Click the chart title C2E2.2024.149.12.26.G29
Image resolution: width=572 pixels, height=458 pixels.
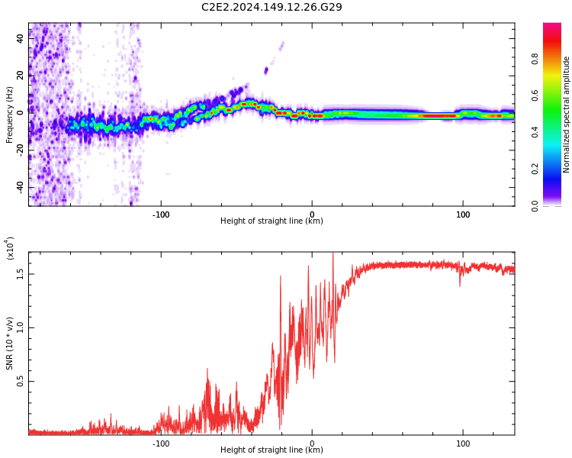click(272, 7)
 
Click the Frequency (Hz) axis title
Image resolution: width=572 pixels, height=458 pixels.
click(10, 114)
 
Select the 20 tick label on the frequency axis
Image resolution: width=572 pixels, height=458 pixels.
click(21, 74)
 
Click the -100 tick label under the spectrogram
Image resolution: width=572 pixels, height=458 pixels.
click(160, 214)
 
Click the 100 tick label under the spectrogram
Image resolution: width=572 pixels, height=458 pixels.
click(463, 214)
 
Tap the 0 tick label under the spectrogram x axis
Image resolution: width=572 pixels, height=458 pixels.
click(311, 214)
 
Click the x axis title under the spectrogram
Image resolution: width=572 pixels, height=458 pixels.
click(272, 221)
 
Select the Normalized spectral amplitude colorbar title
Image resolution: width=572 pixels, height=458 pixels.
click(567, 114)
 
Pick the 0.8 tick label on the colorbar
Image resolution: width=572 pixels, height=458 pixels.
click(557, 58)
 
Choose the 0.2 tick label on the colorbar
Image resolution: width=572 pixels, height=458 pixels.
click(557, 169)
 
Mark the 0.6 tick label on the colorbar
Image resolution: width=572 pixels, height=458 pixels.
click(557, 95)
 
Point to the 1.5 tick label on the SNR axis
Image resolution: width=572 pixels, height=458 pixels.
click(21, 273)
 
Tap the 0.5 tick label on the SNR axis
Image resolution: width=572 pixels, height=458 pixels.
click(21, 381)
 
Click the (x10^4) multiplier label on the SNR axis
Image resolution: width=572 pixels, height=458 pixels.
click(10, 248)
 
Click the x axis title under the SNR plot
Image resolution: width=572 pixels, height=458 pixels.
click(272, 450)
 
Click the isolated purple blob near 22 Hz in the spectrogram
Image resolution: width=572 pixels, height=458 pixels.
click(266, 71)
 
